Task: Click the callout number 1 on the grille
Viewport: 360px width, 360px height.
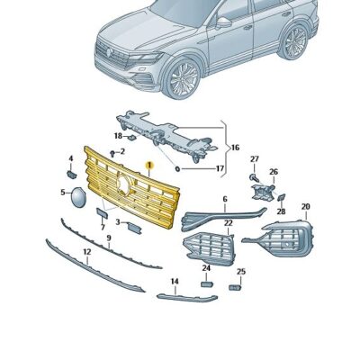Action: coord(150,166)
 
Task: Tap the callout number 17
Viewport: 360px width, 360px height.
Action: coord(219,167)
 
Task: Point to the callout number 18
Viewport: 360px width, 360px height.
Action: coord(117,137)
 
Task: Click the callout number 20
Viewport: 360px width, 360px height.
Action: coord(305,206)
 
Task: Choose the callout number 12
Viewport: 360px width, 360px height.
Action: coord(86,253)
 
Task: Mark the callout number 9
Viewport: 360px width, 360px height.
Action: coord(108,239)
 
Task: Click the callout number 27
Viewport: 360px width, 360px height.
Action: coord(254,159)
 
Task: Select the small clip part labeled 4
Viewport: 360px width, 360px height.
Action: coord(71,174)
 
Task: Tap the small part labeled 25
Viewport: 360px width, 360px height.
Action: coord(237,287)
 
